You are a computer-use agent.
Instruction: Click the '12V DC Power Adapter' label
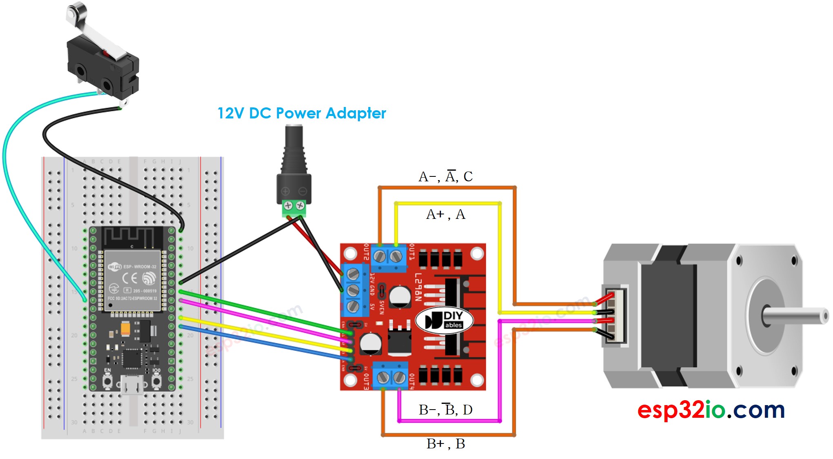[301, 113]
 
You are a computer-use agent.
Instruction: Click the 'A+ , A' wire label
[445, 214]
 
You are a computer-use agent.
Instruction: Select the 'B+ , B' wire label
[445, 444]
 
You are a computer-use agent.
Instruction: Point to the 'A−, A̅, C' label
[445, 176]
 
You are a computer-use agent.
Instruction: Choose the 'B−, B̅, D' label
[445, 410]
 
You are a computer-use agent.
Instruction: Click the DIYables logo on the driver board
[444, 320]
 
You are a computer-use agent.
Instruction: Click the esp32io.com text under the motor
[711, 410]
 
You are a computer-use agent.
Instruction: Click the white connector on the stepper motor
[615, 315]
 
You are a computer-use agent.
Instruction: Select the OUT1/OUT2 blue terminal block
[388, 257]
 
